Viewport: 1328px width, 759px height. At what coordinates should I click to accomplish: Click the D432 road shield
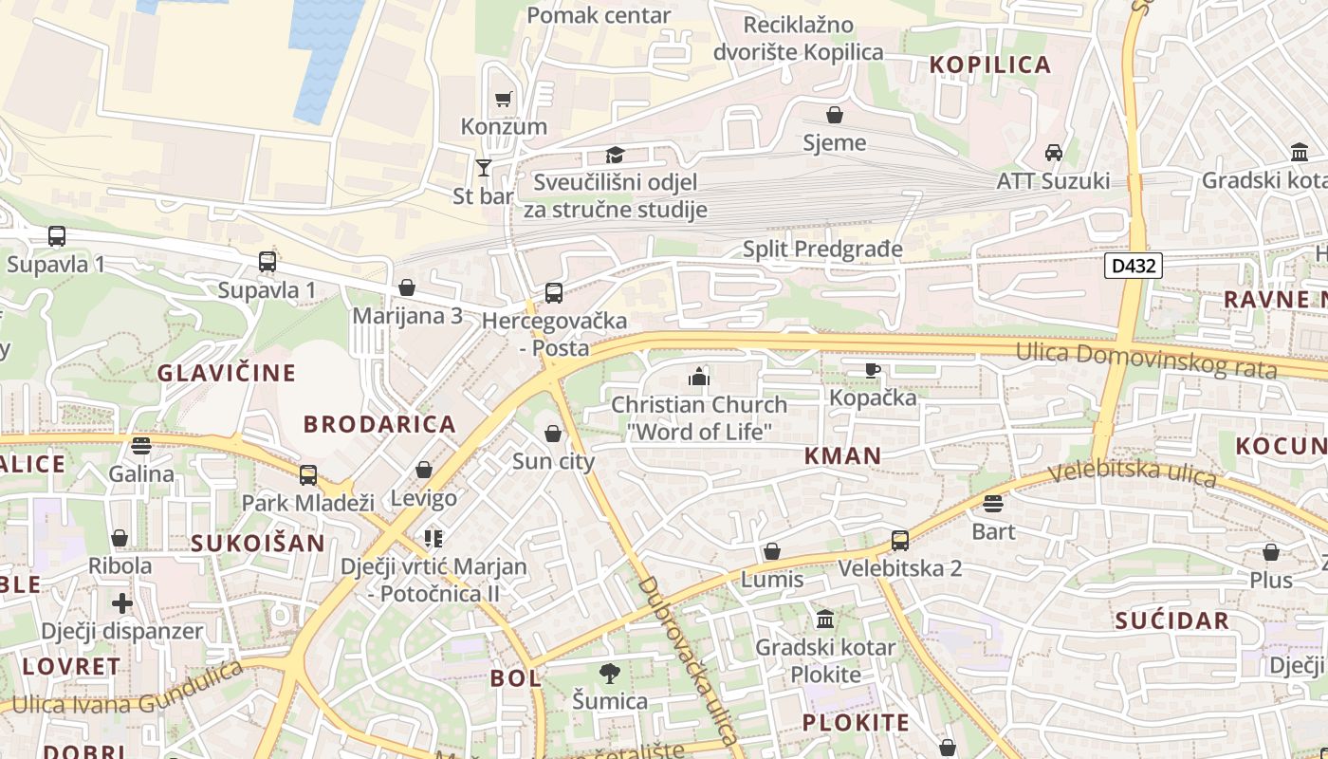(1134, 266)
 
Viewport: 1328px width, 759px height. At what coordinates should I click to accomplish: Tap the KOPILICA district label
(990, 65)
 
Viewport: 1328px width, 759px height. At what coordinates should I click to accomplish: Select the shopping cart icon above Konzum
(503, 99)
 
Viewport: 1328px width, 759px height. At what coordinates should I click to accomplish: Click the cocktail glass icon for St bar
(484, 168)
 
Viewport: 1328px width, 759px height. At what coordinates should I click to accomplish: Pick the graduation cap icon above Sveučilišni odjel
(615, 155)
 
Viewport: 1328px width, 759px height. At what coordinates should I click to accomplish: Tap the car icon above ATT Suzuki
(1053, 153)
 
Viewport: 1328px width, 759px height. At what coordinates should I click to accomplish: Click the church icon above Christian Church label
(699, 378)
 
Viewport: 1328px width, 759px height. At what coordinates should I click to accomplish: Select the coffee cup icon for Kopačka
(872, 370)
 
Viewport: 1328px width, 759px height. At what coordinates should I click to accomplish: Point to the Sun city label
(553, 462)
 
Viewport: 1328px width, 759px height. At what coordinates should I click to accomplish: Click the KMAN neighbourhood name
(842, 455)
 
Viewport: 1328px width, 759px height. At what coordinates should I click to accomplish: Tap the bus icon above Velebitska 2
(899, 541)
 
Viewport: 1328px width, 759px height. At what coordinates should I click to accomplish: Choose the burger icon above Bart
(993, 504)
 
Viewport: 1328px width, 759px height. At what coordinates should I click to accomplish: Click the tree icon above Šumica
(610, 674)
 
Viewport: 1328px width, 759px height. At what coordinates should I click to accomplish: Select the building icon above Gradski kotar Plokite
(824, 620)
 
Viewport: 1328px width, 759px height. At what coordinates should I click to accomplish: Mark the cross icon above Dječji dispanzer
(121, 603)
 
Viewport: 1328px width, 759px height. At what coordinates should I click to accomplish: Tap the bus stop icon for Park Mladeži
(308, 475)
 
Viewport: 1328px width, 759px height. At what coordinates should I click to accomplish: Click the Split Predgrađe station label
(821, 250)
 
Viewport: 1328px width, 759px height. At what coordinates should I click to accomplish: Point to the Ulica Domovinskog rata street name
(1146, 360)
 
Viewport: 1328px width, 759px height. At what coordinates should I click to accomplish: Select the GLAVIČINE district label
(227, 373)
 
